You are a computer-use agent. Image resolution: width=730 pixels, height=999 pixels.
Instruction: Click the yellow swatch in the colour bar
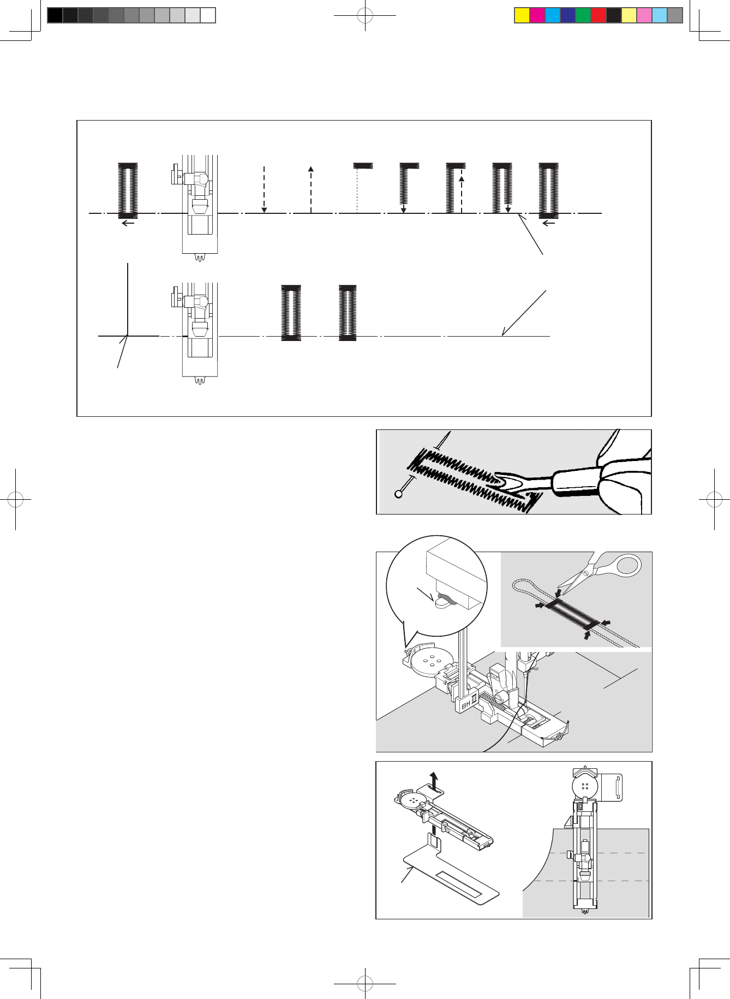tap(522, 15)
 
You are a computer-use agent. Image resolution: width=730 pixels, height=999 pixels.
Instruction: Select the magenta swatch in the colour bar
tap(537, 15)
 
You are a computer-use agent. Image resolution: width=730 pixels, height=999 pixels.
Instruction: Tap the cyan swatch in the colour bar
tap(553, 15)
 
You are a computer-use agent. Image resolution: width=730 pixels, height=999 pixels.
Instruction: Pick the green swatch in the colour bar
tap(583, 15)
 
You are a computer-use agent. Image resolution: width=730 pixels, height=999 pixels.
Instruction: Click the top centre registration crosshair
tap(365, 16)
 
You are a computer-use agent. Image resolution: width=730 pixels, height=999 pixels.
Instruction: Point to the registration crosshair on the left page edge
tap(16, 499)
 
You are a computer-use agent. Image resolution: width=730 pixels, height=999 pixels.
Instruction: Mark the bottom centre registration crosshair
tap(365, 984)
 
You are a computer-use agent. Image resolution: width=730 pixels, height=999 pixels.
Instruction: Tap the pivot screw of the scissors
tap(585, 573)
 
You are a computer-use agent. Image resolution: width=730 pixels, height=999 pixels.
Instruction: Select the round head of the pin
tap(399, 494)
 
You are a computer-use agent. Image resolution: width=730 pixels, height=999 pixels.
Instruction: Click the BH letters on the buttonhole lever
tap(465, 705)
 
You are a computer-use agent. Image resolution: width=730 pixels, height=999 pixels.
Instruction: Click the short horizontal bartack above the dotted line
tap(363, 165)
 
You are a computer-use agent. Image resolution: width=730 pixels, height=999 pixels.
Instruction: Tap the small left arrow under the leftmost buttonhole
tap(128, 223)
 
